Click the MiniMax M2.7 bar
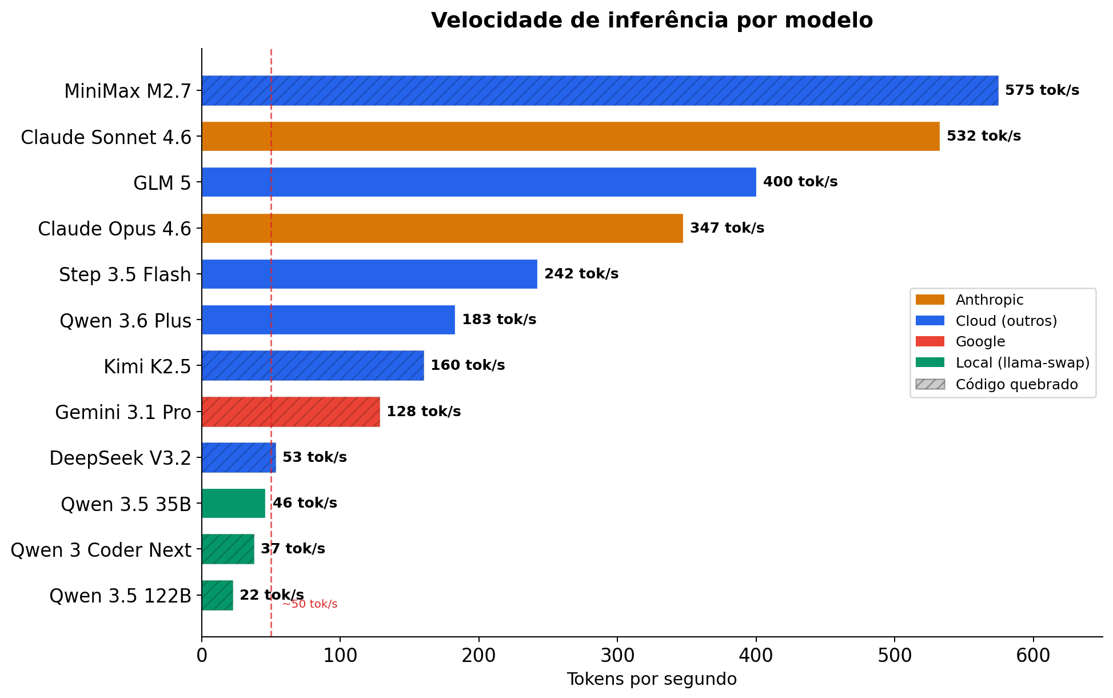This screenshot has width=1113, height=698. click(x=600, y=90)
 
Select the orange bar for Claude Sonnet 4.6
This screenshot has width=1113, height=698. click(x=570, y=136)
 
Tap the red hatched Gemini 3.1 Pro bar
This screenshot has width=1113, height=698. click(x=290, y=412)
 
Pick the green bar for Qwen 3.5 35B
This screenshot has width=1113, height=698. click(x=233, y=503)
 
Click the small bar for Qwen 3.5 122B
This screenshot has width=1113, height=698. click(x=217, y=595)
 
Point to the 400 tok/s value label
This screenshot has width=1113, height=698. click(x=800, y=182)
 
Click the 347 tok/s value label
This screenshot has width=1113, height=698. click(x=727, y=228)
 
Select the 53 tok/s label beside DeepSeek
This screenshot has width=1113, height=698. click(x=314, y=457)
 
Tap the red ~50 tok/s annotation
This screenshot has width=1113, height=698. click(x=310, y=604)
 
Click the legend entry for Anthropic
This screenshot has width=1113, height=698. click(x=989, y=300)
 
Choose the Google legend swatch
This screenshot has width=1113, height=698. click(x=930, y=342)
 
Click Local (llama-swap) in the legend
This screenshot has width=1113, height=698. click(x=1022, y=363)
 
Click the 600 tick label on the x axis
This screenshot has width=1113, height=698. click(x=1033, y=655)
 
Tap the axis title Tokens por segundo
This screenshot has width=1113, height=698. click(x=651, y=679)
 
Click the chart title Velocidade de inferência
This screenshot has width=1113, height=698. click(x=651, y=21)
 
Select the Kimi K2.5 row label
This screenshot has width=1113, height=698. click(x=147, y=366)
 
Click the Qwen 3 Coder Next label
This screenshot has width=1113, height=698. click(x=101, y=550)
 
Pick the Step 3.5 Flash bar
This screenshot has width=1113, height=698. click(x=369, y=274)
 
